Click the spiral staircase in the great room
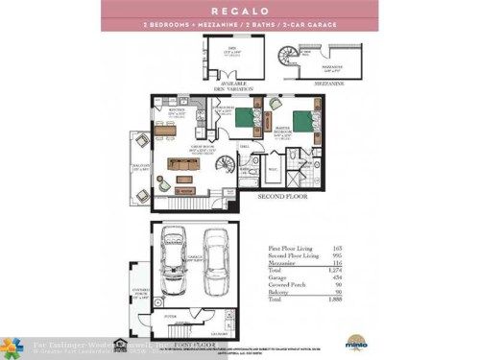click(x=225, y=166)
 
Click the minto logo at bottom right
click(x=353, y=339)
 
